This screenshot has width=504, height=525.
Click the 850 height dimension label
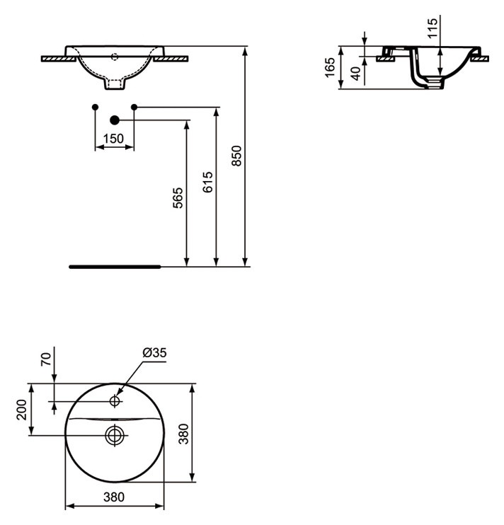click(236, 156)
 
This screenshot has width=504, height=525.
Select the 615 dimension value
click(207, 182)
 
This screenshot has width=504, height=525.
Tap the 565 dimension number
click(178, 198)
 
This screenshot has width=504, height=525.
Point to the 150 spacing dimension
click(113, 138)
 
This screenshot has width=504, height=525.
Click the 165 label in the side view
click(330, 67)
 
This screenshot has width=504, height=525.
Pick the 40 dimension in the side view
click(356, 74)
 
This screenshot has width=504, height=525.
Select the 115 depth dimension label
click(433, 28)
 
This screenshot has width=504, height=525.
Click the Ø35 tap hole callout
click(154, 352)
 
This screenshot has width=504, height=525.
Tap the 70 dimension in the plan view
click(47, 359)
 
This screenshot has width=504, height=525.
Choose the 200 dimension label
click(21, 410)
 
